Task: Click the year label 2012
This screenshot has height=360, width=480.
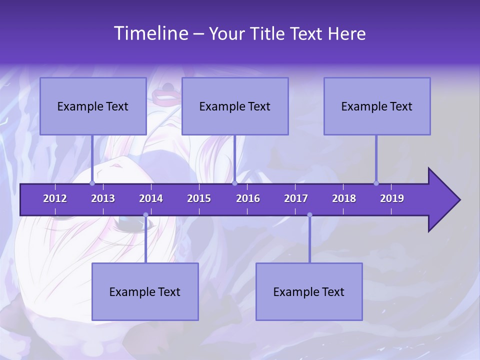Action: [x=55, y=198]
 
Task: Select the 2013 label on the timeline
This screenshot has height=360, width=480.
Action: [x=103, y=198]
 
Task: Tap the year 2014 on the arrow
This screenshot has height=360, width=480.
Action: [x=151, y=198]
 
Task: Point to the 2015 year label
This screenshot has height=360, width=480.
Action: [x=199, y=198]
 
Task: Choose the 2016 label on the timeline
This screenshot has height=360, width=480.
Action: [x=248, y=198]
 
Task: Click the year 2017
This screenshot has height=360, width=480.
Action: [x=296, y=198]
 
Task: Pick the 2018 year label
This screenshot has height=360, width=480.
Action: [x=344, y=198]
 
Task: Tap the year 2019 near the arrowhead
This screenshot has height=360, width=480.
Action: [x=392, y=198]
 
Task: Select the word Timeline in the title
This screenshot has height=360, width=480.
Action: [x=150, y=33]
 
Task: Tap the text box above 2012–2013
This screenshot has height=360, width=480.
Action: [x=93, y=106]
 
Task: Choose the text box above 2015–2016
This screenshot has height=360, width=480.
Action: [x=235, y=106]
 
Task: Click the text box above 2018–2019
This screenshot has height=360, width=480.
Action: [x=377, y=106]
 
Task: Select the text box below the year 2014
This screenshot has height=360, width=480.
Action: [x=145, y=291]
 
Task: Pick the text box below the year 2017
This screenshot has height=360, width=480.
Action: [x=309, y=291]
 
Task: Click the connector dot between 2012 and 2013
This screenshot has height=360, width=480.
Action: [x=92, y=183]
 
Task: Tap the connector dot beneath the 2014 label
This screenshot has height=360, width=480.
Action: [x=145, y=215]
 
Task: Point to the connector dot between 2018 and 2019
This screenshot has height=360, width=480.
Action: [x=376, y=183]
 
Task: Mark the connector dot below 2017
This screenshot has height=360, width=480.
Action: [x=309, y=215]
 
